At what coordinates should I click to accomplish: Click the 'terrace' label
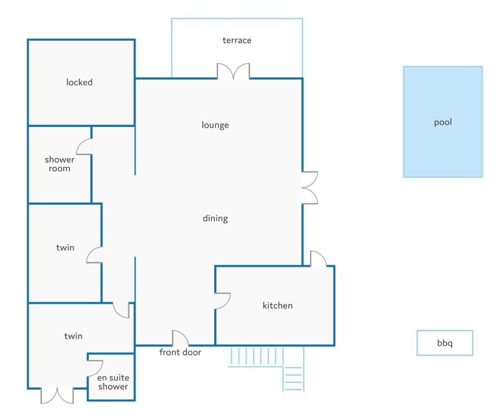tap(237, 40)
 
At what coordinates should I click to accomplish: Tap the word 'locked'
tap(79, 82)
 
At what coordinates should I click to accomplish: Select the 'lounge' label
tap(215, 125)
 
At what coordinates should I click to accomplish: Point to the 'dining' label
tap(215, 219)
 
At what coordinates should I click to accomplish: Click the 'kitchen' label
tap(277, 306)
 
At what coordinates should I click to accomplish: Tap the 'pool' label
tap(443, 122)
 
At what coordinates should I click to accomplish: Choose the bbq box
tap(444, 343)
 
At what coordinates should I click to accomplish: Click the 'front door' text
tap(180, 352)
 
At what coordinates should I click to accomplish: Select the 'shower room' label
tap(59, 164)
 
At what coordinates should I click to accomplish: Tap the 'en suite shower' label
tap(113, 382)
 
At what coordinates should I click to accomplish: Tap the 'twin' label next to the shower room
tap(65, 248)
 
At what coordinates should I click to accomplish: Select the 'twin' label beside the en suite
tap(73, 336)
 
